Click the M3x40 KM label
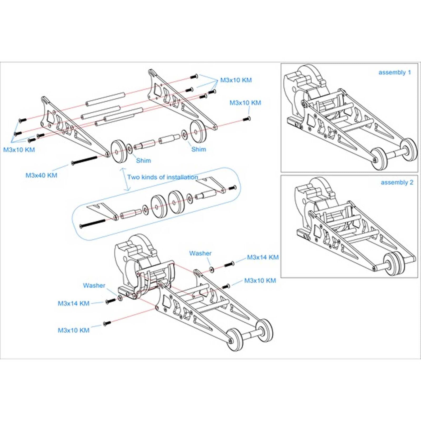(41, 175)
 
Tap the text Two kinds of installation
(163, 177)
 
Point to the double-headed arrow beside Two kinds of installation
(125, 180)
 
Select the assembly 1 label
(394, 72)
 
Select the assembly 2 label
(397, 182)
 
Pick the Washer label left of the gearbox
(94, 285)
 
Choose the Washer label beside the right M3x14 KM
(200, 253)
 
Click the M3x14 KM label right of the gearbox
(263, 257)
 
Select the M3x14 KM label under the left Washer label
(73, 303)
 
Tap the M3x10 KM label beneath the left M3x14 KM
(73, 330)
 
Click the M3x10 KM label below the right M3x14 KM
(260, 281)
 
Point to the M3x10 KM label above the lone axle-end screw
(245, 103)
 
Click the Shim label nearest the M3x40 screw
(143, 161)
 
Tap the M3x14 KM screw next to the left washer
(111, 300)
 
